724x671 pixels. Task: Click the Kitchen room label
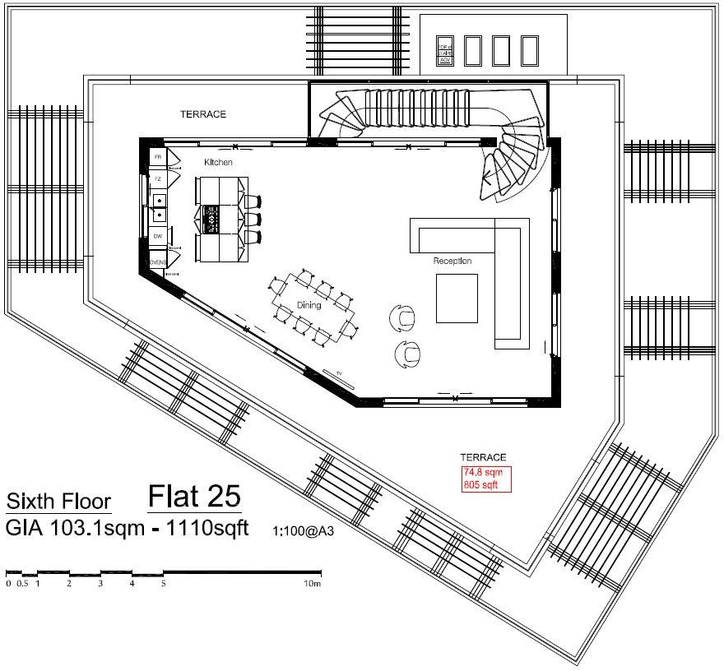coord(219,163)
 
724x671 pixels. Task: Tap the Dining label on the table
coord(309,305)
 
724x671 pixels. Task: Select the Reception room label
coord(452,261)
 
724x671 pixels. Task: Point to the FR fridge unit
coord(157,156)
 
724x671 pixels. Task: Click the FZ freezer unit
coord(157,178)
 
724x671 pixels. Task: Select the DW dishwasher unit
coord(157,237)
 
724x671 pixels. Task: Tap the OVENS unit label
coord(158,262)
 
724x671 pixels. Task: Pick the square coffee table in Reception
coord(457,298)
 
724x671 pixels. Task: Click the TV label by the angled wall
coord(337,374)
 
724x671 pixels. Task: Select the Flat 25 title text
coord(194,497)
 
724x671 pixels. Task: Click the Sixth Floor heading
coord(58,502)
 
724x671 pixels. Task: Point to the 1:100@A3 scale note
coord(308,531)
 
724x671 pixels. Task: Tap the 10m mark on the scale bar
coord(311,584)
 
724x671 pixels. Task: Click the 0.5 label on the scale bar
coord(22,584)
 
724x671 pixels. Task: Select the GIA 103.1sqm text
coord(72,528)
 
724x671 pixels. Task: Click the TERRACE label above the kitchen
coord(203,114)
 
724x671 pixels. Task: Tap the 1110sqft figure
coord(208,528)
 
